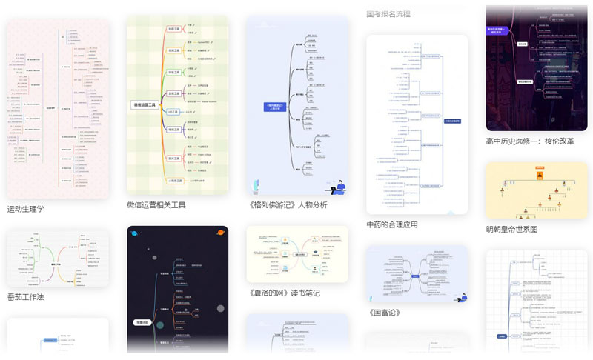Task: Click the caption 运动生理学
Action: [x=26, y=209]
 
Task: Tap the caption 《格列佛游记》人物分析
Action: [x=288, y=205]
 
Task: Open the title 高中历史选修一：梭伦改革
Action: [x=529, y=141]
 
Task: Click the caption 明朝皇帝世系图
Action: [x=511, y=229]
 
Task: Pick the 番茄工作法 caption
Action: [x=26, y=297]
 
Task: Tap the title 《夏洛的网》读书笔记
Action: [x=285, y=293]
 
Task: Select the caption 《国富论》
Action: [x=384, y=313]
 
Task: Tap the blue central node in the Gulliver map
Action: [x=275, y=107]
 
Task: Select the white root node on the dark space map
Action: [x=142, y=322]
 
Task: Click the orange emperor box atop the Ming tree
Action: [x=539, y=176]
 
